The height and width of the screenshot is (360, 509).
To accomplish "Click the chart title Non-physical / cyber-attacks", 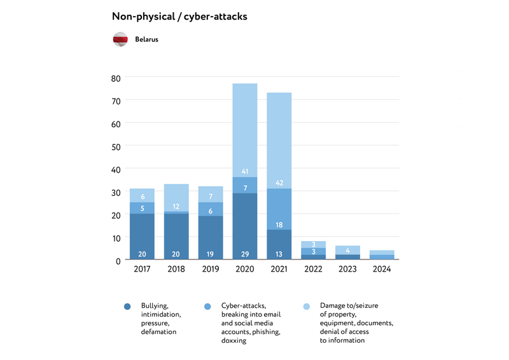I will coord(179,17).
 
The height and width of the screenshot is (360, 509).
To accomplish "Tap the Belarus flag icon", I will coord(121,39).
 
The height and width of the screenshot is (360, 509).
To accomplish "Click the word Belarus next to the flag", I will coord(146,39).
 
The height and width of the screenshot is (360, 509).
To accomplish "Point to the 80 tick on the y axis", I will coord(115,78).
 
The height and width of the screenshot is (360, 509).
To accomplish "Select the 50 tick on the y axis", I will coord(115,146).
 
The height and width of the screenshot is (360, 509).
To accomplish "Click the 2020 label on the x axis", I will coord(245,270).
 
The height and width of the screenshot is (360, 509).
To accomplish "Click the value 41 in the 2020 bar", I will coord(245,172).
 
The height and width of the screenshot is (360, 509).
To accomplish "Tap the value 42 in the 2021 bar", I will coord(279,183).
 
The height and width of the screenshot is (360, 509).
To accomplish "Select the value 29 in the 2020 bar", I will coord(245,254).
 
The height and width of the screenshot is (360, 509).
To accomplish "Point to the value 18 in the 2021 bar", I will coord(279,225).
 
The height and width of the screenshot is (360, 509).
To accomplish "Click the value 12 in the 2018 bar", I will coord(176,207).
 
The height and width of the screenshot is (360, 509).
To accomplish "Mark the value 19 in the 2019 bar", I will coord(210,254).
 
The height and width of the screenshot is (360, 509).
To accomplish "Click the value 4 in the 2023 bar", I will coord(348,250).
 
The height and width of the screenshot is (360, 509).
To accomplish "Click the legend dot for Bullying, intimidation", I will coord(127,307).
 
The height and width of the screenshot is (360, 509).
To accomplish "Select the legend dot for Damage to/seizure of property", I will coord(307,307).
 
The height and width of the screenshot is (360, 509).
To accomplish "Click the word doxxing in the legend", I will coord(234,340).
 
